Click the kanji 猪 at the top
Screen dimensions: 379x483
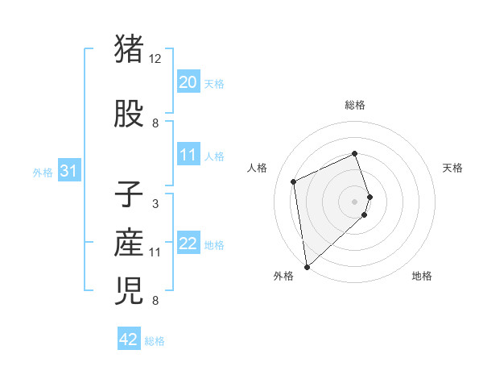(x=130, y=50)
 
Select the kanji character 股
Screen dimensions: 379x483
(x=130, y=115)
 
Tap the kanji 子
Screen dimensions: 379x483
(x=130, y=196)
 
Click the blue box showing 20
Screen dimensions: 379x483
(x=188, y=82)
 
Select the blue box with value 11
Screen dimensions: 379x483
(x=188, y=156)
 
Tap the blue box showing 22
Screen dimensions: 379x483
(x=188, y=244)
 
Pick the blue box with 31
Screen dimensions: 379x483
(x=68, y=172)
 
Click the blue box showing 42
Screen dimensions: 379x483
(x=129, y=339)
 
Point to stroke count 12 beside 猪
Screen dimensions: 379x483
(x=155, y=59)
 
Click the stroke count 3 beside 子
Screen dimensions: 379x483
(x=155, y=204)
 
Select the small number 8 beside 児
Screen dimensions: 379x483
(x=155, y=302)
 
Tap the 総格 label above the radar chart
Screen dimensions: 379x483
(x=355, y=105)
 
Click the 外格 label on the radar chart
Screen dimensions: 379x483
(x=283, y=276)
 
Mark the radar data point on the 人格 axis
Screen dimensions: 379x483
(x=294, y=181)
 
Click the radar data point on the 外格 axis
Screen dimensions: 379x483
(x=307, y=266)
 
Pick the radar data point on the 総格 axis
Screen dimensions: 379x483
(x=355, y=154)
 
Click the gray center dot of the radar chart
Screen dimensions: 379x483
(x=355, y=201)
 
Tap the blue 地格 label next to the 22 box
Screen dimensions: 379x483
(x=214, y=245)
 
